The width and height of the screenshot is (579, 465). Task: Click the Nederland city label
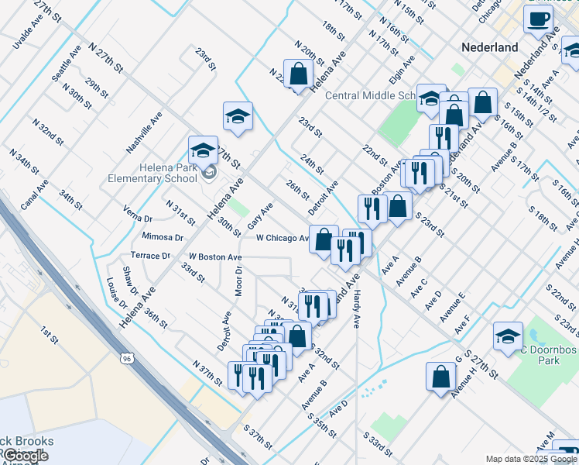489,47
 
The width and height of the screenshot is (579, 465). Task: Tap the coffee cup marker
538,19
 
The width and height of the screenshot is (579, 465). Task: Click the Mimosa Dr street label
162,236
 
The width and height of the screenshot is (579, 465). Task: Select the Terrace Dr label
150,255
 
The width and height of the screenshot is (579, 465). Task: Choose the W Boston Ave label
215,257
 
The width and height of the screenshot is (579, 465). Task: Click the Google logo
25,456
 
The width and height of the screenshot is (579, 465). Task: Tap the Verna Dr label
138,213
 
